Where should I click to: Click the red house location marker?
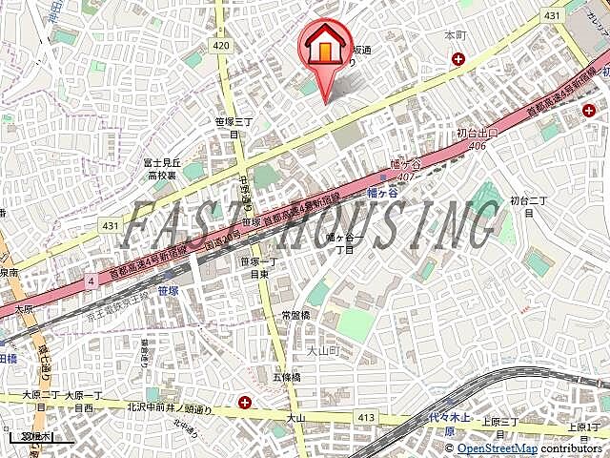pyautogui.click(x=324, y=49)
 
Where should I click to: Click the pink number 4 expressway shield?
pyautogui.click(x=91, y=281)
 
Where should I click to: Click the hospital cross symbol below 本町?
pyautogui.click(x=458, y=59)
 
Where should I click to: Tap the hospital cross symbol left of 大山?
pyautogui.click(x=246, y=403)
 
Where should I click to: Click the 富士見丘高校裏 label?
pyautogui.click(x=162, y=169)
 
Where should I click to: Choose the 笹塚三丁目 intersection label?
pyautogui.click(x=233, y=128)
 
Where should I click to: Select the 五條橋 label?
pyautogui.click(x=286, y=377)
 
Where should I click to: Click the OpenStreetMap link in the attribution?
pyautogui.click(x=497, y=448)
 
